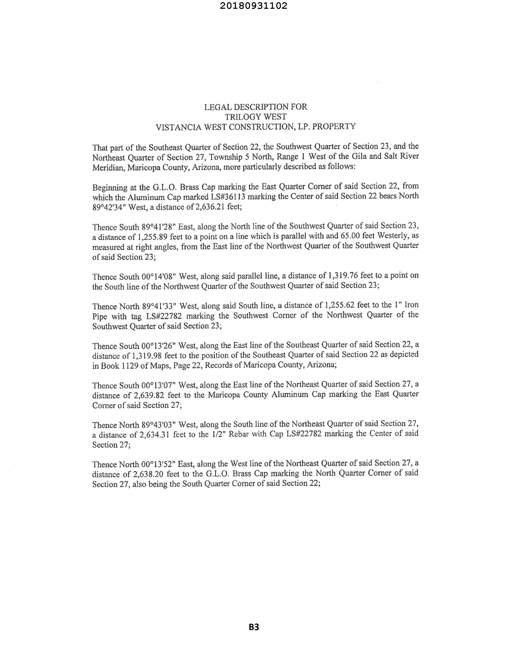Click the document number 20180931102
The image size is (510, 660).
pos(253,6)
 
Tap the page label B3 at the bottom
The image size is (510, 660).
pos(254,627)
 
